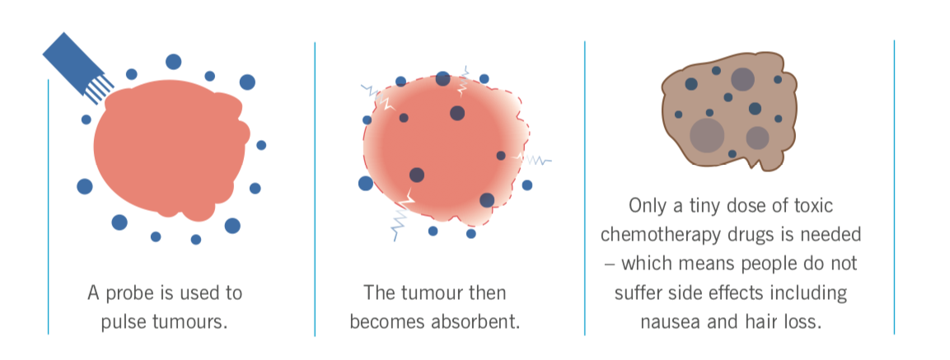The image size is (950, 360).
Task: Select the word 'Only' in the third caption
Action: click(648, 206)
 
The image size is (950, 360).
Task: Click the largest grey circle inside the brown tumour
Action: click(707, 134)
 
